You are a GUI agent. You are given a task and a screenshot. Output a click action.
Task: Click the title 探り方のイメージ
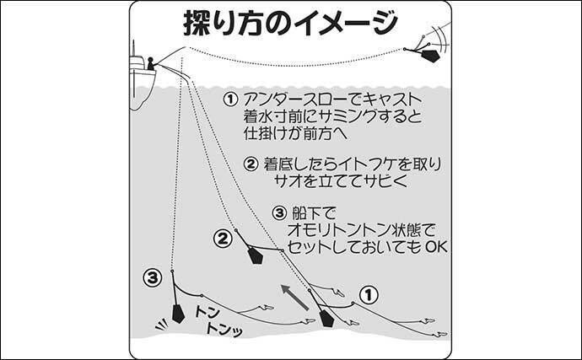point(290,22)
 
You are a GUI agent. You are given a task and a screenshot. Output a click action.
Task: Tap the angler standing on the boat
point(151,64)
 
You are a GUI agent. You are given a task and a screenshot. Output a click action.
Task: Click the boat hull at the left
point(142,89)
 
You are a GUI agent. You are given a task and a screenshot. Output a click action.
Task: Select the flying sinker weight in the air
point(430,56)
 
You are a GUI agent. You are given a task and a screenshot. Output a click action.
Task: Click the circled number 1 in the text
point(230,99)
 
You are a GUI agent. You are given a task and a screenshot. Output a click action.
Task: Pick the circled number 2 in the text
point(251,164)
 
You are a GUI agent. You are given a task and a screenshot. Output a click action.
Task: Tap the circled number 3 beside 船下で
point(279,213)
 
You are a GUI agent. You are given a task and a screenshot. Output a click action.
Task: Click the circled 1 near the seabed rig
point(369,295)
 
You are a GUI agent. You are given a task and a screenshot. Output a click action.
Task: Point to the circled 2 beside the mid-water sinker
point(223,239)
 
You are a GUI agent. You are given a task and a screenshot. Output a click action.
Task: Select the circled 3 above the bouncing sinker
point(153,277)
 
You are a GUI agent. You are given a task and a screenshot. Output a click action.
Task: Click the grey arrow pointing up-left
point(294,297)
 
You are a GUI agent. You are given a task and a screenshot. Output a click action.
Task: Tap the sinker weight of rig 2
point(256,255)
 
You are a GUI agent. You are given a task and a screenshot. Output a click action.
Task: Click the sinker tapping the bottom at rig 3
point(178,314)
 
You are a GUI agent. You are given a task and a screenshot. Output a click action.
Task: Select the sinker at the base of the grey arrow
point(326,319)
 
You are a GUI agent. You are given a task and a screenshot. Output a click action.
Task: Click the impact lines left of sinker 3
point(161,325)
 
